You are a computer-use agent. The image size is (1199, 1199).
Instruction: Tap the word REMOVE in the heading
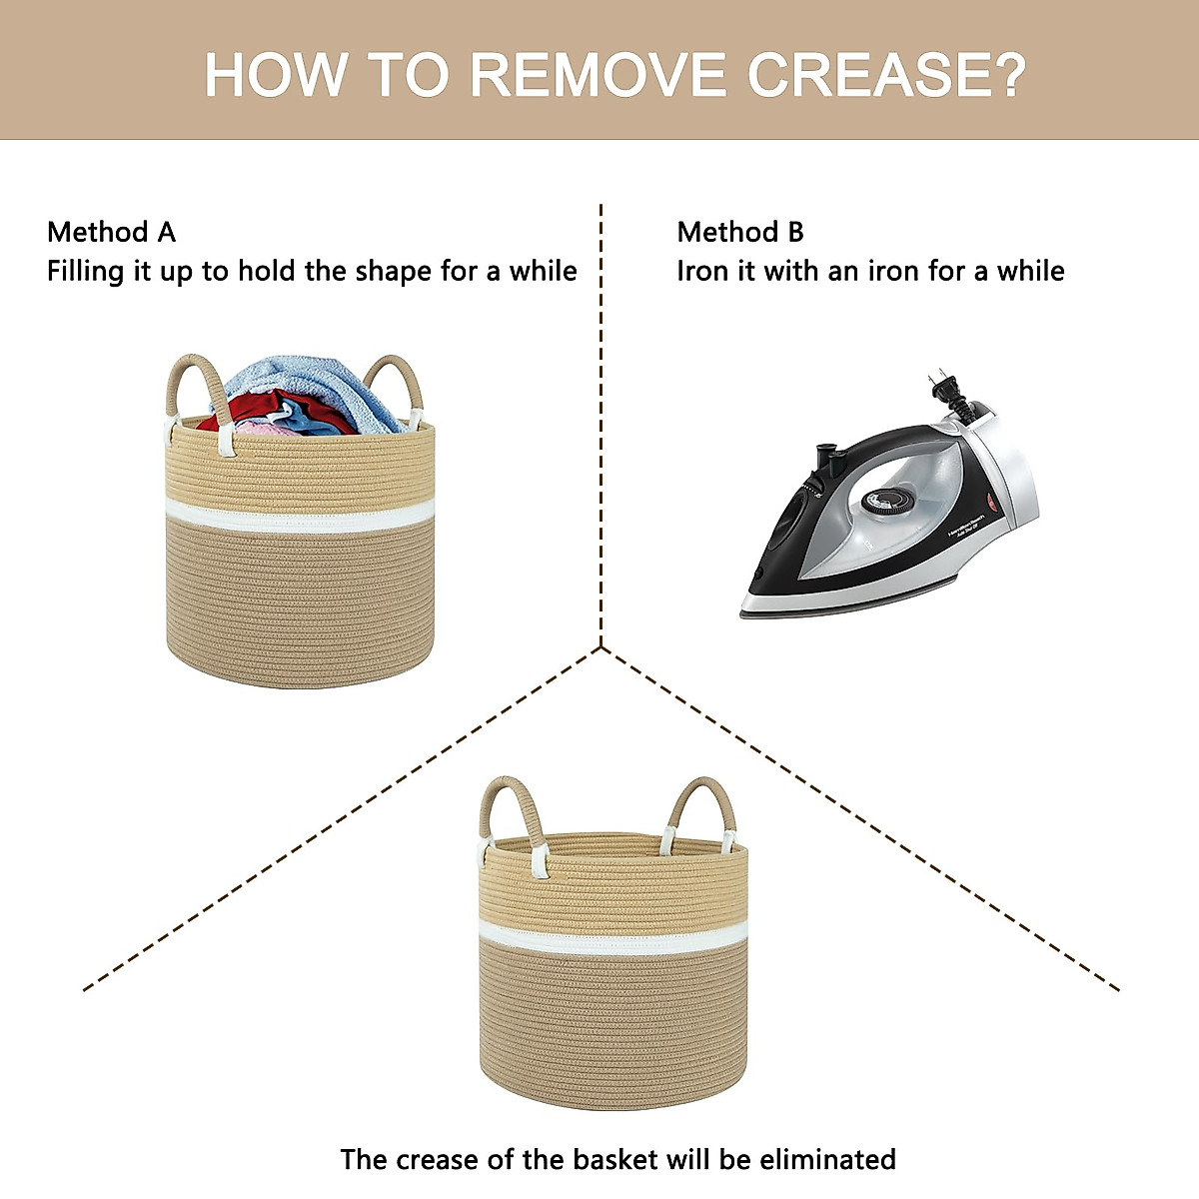click(x=598, y=74)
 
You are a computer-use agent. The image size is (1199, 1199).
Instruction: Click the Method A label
click(x=111, y=232)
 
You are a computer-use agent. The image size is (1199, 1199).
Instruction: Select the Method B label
click(x=740, y=232)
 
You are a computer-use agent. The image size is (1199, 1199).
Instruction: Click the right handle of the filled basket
click(x=396, y=383)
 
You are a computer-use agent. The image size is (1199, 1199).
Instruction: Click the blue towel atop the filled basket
click(x=311, y=385)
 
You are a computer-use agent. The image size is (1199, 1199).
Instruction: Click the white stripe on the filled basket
click(x=300, y=516)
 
